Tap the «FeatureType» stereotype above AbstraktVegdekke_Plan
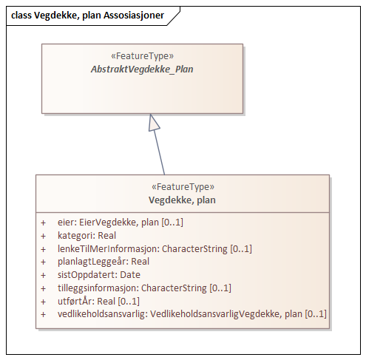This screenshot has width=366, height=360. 142,55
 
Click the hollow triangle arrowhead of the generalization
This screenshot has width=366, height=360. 154,123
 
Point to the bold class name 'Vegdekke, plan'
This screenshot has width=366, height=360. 182,200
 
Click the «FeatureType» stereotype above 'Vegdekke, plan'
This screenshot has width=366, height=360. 182,188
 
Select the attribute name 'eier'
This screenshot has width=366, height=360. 67,222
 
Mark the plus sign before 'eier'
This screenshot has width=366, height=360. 43,222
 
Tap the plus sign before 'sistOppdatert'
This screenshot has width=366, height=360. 43,275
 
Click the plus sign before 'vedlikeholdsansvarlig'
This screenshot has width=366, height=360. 43,315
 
